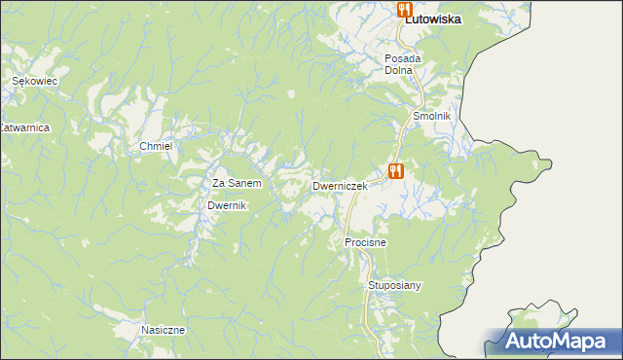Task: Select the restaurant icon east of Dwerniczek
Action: coord(395,171)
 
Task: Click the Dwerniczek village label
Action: coord(339,185)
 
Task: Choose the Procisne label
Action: coord(366,241)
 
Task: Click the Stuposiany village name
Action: coord(394,285)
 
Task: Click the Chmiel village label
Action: coord(156,146)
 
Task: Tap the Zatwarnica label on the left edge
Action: coord(24,127)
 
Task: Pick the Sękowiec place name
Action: coord(35,83)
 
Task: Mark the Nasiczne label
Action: coord(163,330)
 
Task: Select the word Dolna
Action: coord(399,70)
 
